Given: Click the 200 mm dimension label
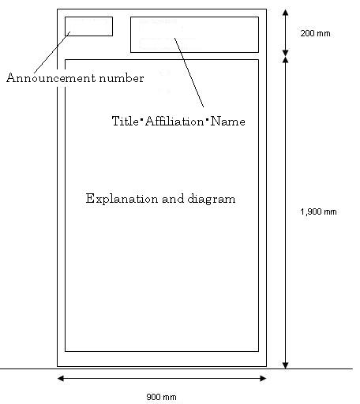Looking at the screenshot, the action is click(315, 33).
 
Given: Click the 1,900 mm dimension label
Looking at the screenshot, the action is click(318, 211).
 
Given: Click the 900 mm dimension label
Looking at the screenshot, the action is click(161, 397).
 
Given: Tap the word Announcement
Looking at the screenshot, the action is click(51, 78).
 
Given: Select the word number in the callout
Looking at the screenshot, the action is click(122, 78).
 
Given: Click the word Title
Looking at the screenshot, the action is click(126, 121).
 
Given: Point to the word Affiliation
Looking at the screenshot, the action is click(174, 122).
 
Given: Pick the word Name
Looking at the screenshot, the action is click(228, 122).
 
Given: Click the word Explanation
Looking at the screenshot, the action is click(122, 199).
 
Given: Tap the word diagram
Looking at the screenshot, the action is click(212, 199).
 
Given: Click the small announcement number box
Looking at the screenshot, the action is click(88, 17).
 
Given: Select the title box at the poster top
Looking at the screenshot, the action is click(194, 17).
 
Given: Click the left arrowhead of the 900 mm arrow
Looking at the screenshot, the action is click(60, 379).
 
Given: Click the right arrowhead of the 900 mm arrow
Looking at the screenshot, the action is click(263, 379).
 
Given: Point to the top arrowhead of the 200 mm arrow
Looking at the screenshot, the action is click(286, 13).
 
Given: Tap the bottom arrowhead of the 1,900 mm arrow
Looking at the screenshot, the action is click(286, 365).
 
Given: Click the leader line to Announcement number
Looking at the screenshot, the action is click(52, 52).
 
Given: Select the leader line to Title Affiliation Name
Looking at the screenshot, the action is click(189, 73).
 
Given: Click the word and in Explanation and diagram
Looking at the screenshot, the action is click(173, 199).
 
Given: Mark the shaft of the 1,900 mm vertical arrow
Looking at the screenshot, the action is click(286, 212).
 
